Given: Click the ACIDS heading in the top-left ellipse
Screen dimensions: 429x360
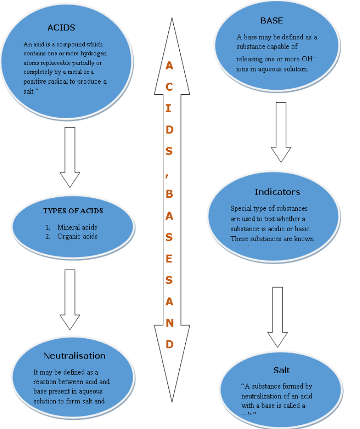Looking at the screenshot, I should pos(61,28).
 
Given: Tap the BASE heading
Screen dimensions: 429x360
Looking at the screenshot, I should pos(271,21).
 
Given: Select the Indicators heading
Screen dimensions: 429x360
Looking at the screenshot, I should pos(277,192).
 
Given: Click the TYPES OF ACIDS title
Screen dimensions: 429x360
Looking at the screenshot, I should pos(73,211).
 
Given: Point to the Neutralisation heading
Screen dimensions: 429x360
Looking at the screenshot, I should pos(74,356).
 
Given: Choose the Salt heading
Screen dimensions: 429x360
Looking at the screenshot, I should pos(281,370).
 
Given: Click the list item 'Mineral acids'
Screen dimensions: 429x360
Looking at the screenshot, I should pos(77,227).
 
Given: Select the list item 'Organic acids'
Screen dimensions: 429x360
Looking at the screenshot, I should pos(77,236).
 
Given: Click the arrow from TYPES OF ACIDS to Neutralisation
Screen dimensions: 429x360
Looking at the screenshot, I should pos(70,299).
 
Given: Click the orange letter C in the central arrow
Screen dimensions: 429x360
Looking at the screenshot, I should pos(169,87).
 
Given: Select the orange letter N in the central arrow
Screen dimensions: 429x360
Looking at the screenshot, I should pos(169,323).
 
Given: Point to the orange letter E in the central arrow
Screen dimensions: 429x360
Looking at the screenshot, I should pos(169,259).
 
